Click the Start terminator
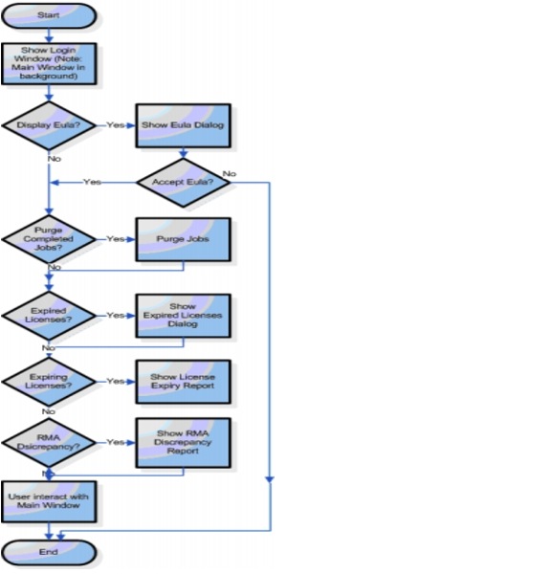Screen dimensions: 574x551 pyautogui.click(x=48, y=16)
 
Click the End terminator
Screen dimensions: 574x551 pyautogui.click(x=48, y=552)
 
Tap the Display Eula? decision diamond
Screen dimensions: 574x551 pyautogui.click(x=48, y=123)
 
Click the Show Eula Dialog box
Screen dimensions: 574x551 pyautogui.click(x=182, y=124)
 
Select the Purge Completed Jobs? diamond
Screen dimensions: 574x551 pyautogui.click(x=48, y=239)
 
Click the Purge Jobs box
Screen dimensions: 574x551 pyautogui.click(x=182, y=239)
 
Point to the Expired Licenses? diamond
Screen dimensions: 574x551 pyautogui.click(x=48, y=315)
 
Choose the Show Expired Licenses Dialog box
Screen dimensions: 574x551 pyautogui.click(x=182, y=316)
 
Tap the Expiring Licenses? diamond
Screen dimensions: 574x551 pyautogui.click(x=48, y=381)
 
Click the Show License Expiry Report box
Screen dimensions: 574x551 pyautogui.click(x=182, y=381)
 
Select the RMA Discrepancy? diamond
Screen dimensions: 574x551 pyautogui.click(x=48, y=443)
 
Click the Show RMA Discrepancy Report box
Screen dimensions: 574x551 pyautogui.click(x=182, y=442)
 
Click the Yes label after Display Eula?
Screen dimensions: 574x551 pyautogui.click(x=115, y=124)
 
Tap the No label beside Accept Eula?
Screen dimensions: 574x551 pyautogui.click(x=230, y=173)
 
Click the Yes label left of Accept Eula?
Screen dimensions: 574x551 pyautogui.click(x=92, y=182)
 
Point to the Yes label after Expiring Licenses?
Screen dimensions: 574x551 pyautogui.click(x=115, y=381)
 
